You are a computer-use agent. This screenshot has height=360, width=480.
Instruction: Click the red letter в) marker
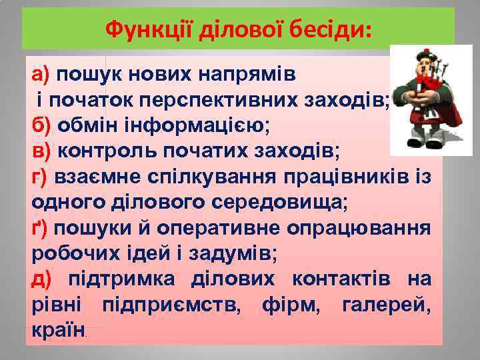point(41,151)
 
